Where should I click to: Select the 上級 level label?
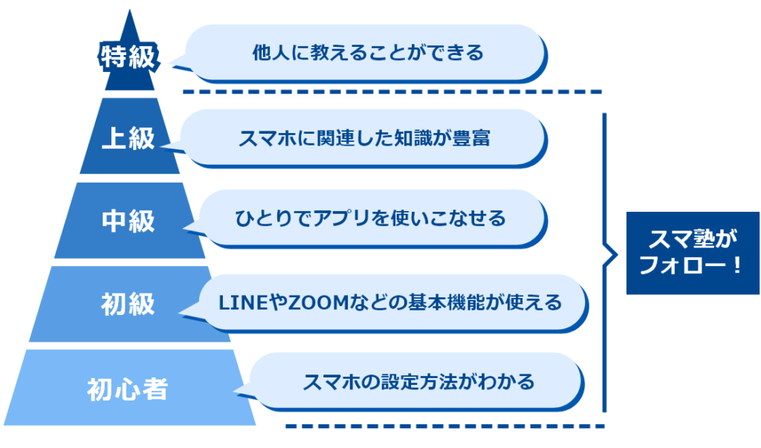pyautogui.click(x=129, y=139)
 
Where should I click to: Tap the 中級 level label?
pyautogui.click(x=129, y=221)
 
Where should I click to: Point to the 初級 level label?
pyautogui.click(x=129, y=304)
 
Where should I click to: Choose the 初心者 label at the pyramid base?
pyautogui.click(x=127, y=389)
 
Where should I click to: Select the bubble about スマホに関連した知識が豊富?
pyautogui.click(x=364, y=137)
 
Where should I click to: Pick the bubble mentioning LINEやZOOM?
pyautogui.click(x=389, y=302)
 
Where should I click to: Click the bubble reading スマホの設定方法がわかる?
pyautogui.click(x=418, y=382)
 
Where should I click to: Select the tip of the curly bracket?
pyautogui.click(x=616, y=256)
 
